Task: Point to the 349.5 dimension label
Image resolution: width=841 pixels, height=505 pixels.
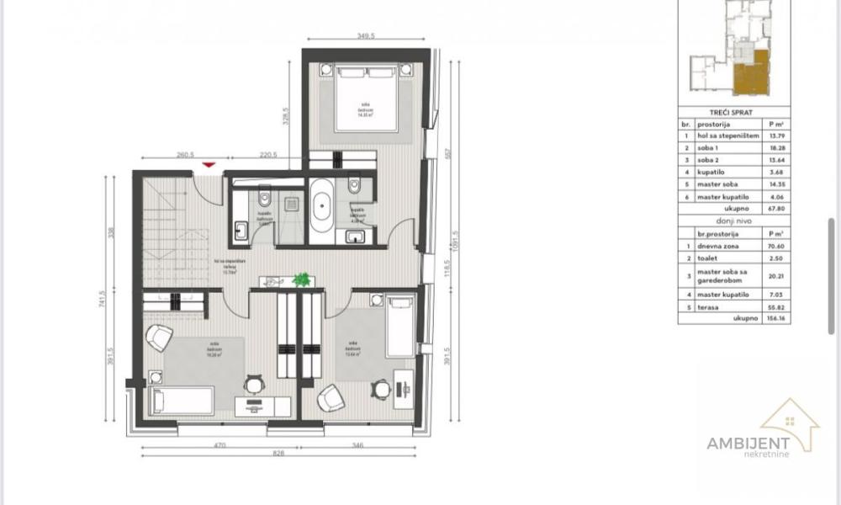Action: pos(365,36)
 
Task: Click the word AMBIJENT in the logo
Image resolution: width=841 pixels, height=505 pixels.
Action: pos(748,444)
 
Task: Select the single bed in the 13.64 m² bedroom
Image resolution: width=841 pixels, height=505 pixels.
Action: pos(401,325)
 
